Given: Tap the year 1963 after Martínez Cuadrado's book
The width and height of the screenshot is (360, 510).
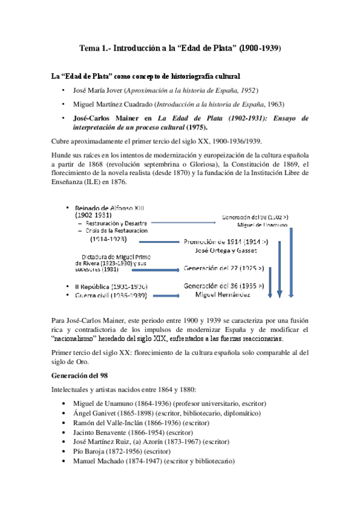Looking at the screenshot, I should coord(275,104).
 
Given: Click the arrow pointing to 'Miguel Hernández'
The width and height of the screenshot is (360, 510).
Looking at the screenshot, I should coord(164,295).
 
